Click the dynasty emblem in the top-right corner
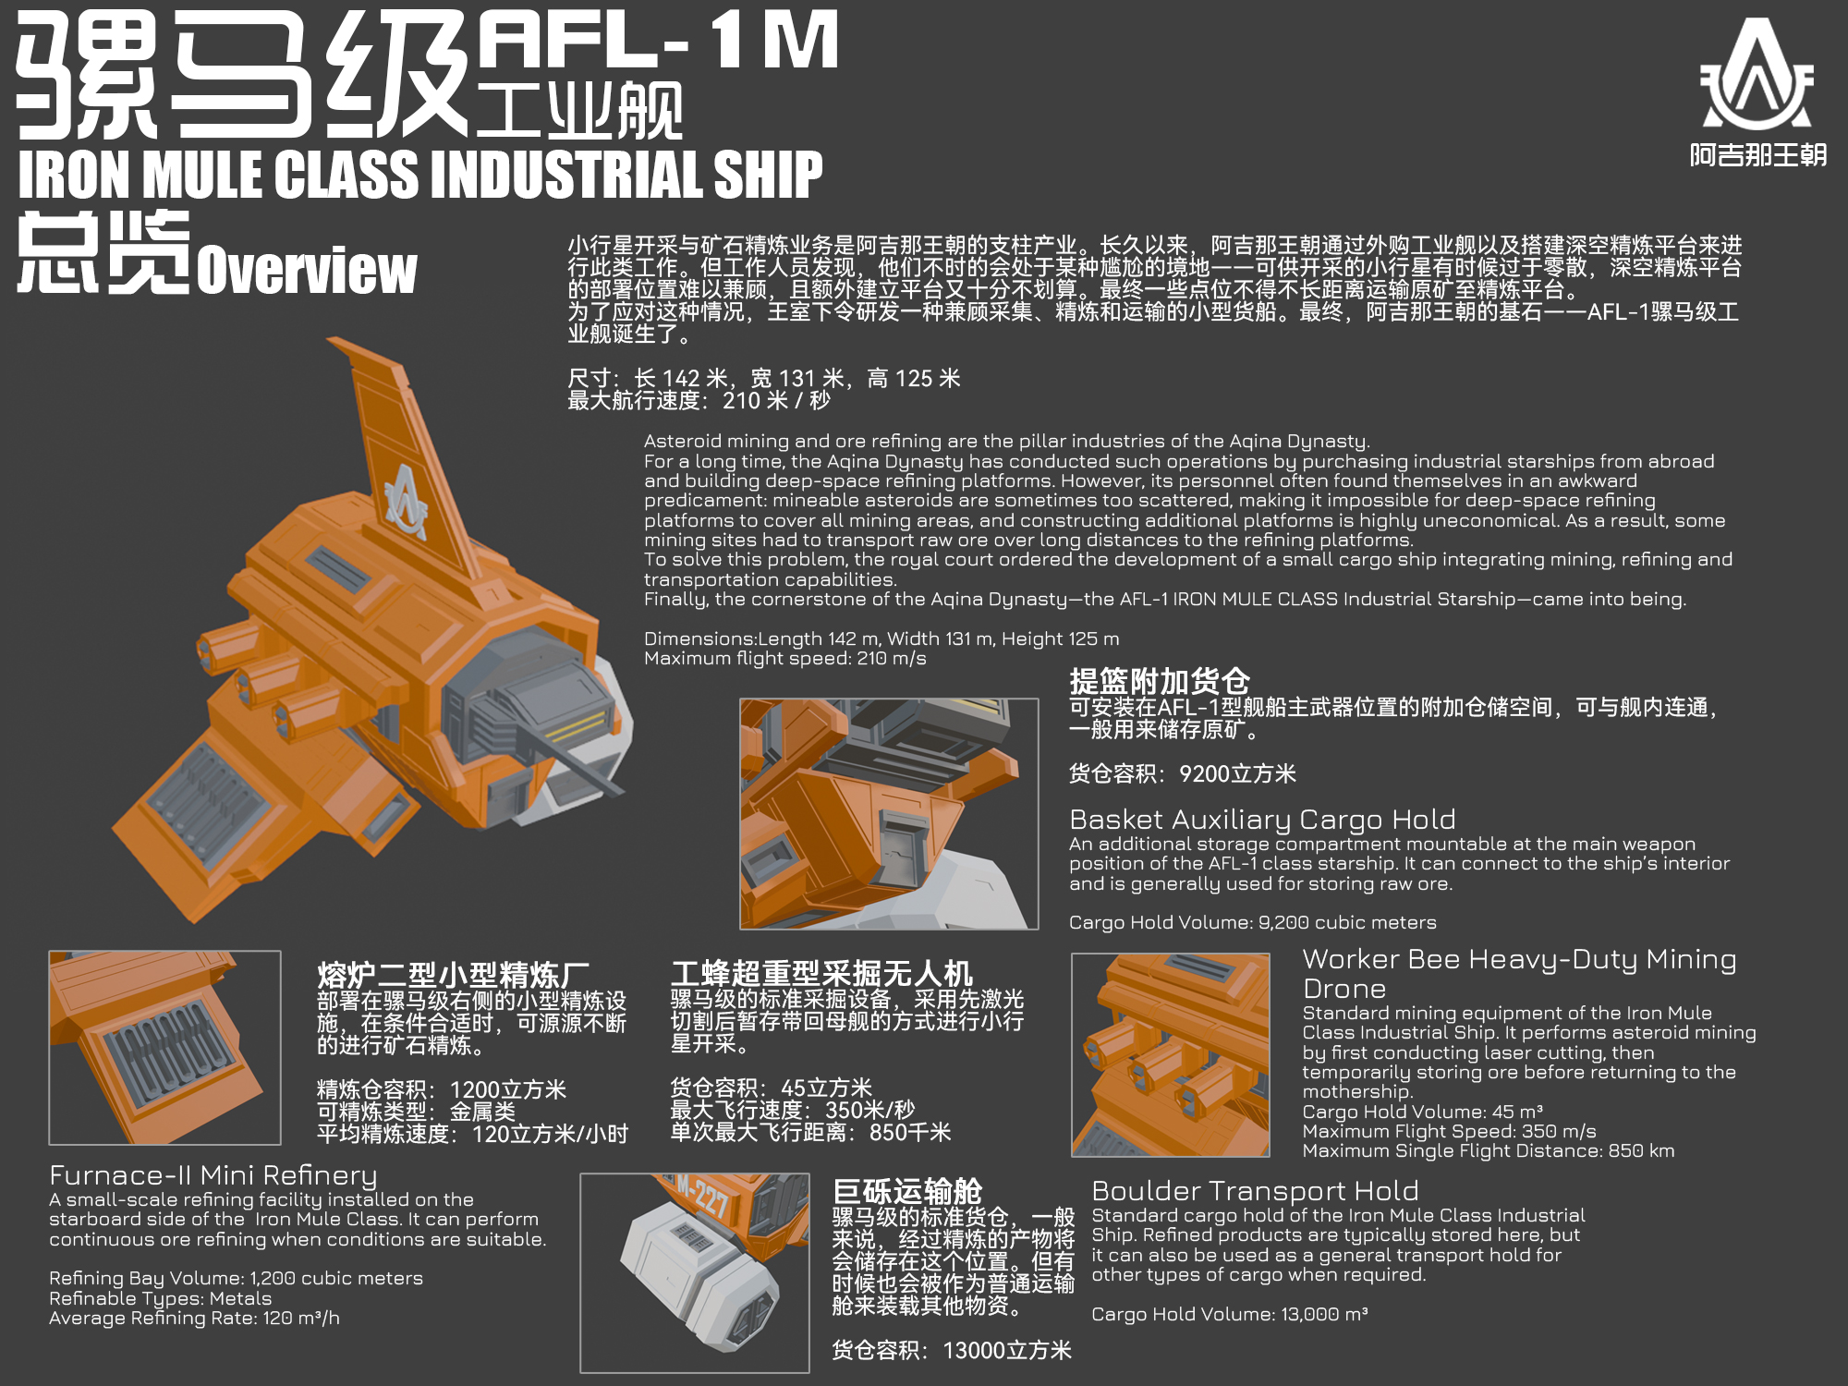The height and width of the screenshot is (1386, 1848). click(1757, 74)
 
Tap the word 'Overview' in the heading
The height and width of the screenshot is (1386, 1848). click(307, 270)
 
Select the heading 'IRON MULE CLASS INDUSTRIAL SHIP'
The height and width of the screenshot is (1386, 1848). click(420, 175)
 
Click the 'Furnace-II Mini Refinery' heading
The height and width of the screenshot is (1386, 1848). click(213, 1175)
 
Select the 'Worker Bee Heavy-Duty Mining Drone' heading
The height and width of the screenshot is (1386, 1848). click(1519, 974)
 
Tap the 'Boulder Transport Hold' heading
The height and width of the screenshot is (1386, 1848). click(1255, 1191)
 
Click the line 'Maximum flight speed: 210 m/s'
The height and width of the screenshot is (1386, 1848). click(785, 659)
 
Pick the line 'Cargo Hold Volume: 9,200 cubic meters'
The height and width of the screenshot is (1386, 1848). click(1253, 922)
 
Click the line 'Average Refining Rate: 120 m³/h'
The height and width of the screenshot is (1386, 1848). click(195, 1319)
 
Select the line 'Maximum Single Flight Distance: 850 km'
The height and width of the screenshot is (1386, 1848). click(1489, 1151)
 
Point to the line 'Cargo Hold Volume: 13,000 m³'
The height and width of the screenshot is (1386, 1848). click(1230, 1315)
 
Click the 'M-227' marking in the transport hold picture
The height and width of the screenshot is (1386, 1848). click(702, 1196)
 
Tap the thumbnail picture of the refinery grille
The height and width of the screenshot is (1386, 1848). click(164, 1047)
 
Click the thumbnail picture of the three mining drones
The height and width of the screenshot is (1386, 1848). click(1171, 1055)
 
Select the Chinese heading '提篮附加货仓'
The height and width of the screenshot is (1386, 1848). click(1160, 682)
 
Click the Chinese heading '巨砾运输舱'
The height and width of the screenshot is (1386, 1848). click(907, 1192)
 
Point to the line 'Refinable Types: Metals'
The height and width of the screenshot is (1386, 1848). click(161, 1298)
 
